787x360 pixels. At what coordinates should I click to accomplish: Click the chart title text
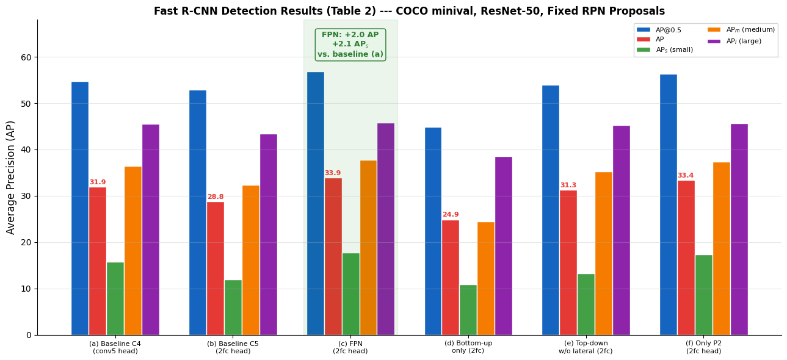(409, 11)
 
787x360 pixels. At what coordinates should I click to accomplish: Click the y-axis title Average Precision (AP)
(11, 177)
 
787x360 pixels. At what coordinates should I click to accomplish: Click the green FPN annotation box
(350, 45)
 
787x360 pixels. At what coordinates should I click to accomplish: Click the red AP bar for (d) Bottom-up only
(451, 277)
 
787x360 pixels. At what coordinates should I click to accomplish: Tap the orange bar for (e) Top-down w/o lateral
(604, 253)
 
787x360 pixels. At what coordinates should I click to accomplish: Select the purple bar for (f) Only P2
(739, 229)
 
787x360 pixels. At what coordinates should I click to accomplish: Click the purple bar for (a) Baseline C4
(151, 229)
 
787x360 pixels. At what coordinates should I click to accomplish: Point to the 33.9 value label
(333, 173)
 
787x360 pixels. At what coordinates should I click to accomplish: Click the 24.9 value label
(451, 215)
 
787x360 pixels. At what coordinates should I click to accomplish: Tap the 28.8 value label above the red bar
(216, 197)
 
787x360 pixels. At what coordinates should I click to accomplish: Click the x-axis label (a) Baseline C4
(115, 347)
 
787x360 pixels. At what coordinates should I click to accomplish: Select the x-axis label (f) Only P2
(704, 347)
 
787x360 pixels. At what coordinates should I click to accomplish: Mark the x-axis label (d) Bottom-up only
(468, 347)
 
